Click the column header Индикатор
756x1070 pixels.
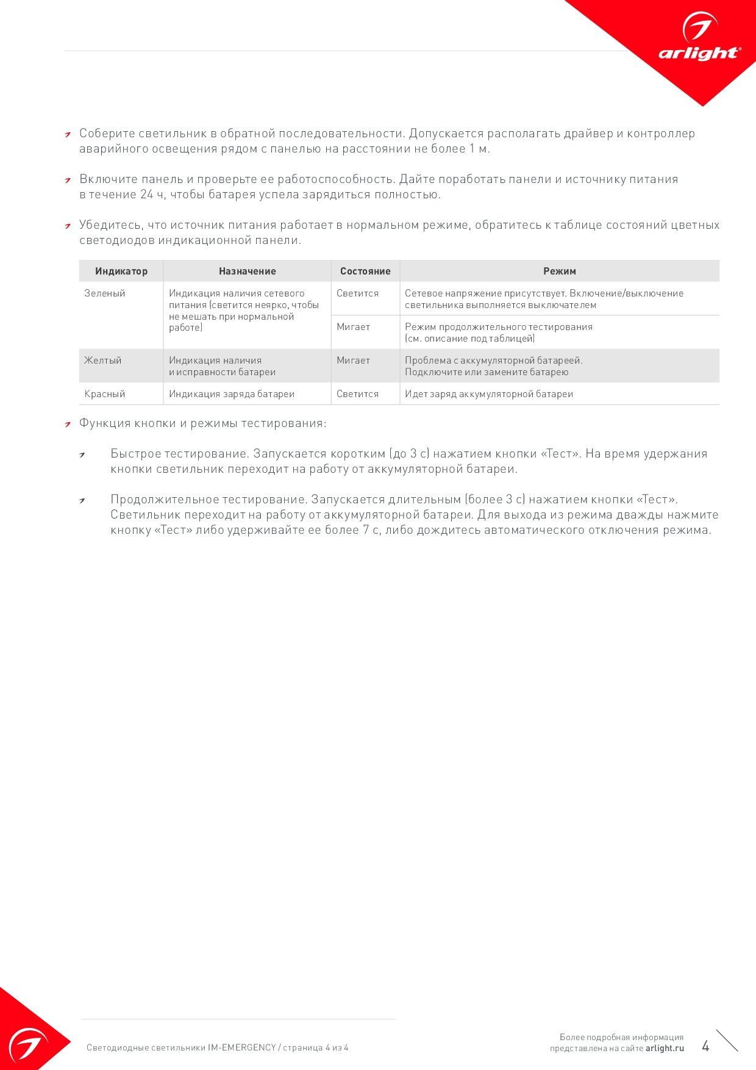pos(121,271)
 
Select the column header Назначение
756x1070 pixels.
pos(247,271)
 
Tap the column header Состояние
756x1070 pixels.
pos(365,271)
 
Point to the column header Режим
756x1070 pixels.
pos(559,271)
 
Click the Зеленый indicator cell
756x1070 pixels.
pos(105,293)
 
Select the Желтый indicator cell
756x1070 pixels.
pos(103,361)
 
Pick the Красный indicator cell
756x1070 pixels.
pos(105,394)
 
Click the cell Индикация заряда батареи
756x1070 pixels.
pos(232,394)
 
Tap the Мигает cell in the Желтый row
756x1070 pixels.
pos(354,361)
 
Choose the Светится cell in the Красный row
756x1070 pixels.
pos(357,394)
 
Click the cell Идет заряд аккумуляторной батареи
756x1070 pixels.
pos(489,394)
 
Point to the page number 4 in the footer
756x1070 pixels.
pos(705,1046)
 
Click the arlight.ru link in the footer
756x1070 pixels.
pos(665,1048)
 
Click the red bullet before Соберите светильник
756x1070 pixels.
pos(68,135)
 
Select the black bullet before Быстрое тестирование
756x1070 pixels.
pos(82,455)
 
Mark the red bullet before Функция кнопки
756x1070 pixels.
pos(68,425)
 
